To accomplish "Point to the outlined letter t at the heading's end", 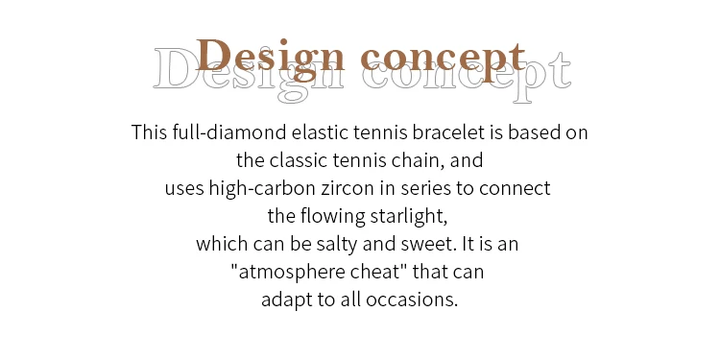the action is point(561,69).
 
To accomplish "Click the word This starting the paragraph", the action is point(149,132).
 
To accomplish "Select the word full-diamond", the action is point(229,133).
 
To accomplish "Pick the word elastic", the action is point(321,132).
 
